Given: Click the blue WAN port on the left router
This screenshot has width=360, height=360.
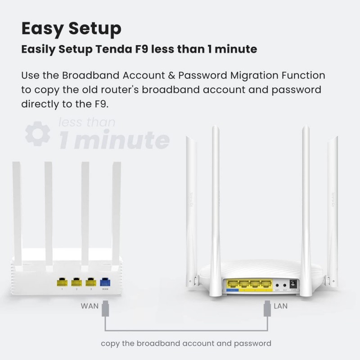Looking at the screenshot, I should [x=105, y=283].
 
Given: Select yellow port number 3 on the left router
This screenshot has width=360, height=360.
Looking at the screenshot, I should [x=90, y=283].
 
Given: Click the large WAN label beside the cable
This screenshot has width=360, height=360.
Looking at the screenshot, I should [x=90, y=306].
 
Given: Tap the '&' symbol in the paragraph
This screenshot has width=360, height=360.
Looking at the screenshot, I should [x=175, y=75].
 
